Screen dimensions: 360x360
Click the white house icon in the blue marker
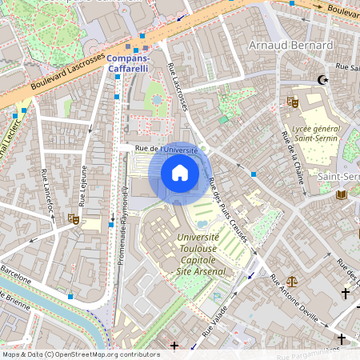click(x=179, y=173)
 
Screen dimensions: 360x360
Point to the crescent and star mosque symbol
click(x=323, y=80)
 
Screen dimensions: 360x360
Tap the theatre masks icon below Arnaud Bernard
click(x=293, y=102)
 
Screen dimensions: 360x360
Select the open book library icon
click(x=342, y=194)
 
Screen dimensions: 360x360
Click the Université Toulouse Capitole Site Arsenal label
click(x=198, y=254)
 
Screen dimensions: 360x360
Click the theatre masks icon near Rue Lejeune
click(x=74, y=218)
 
